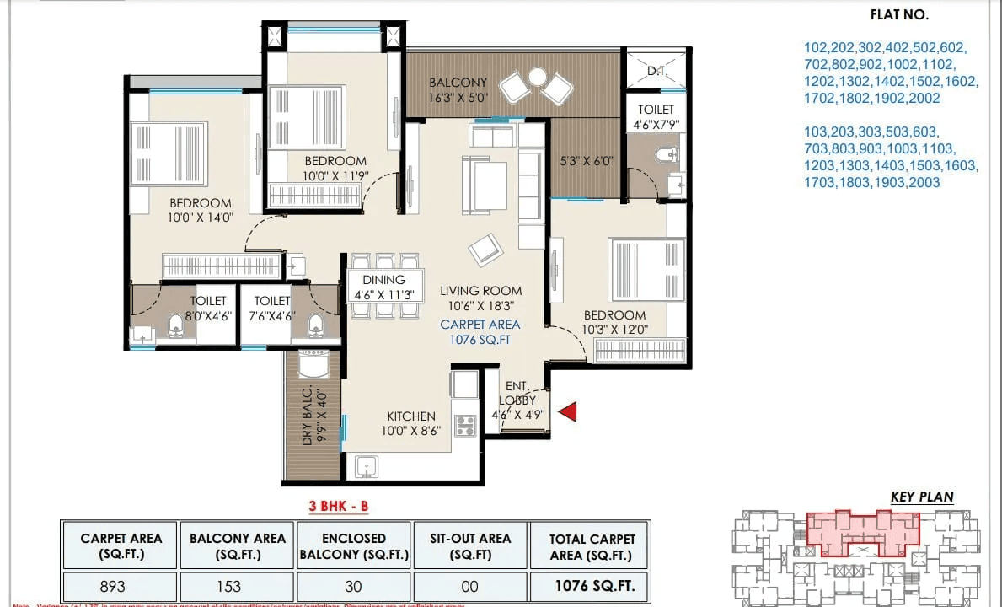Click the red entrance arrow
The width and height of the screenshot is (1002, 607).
tap(568, 411)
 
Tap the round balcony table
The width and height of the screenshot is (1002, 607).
tap(536, 78)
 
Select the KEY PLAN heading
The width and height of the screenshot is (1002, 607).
tap(922, 497)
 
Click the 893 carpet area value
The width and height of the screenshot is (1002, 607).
tap(113, 586)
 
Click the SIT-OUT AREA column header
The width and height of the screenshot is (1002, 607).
tap(470, 546)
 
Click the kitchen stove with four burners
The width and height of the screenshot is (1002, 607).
tap(465, 426)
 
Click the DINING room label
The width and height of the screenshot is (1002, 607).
tap(383, 280)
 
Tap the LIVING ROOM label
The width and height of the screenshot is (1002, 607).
tap(480, 291)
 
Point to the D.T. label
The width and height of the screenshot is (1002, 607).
tap(657, 72)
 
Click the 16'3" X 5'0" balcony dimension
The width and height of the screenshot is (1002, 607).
tap(458, 98)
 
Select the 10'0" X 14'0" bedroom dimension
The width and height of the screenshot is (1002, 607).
tap(201, 218)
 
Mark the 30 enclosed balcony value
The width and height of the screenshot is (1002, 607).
tap(354, 586)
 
